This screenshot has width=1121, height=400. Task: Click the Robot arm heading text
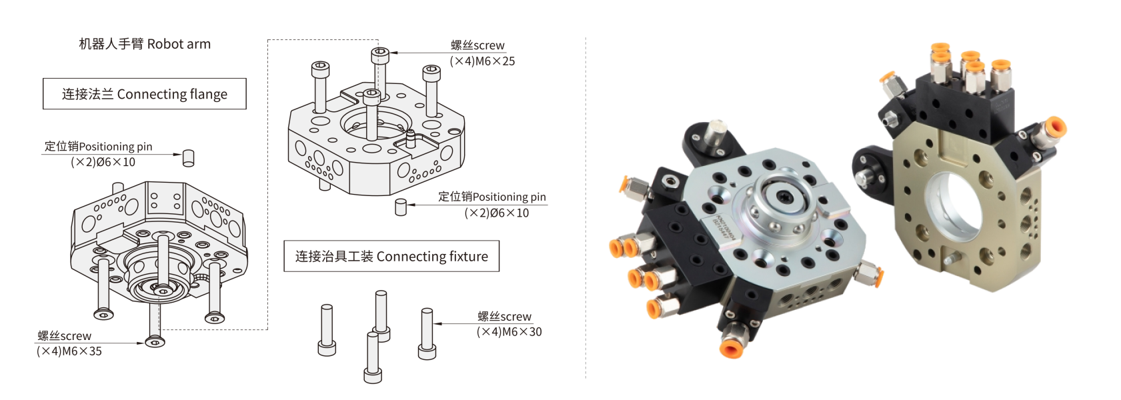click(145, 44)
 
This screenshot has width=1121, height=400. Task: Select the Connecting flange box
click(145, 93)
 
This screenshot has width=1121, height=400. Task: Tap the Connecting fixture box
click(391, 256)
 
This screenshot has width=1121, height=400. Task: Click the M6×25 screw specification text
click(482, 61)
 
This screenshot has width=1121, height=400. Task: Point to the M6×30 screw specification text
click(509, 331)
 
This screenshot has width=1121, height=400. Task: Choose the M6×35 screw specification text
click(69, 351)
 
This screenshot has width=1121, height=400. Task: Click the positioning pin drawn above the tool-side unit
click(188, 158)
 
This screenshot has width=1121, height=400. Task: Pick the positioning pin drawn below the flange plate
click(400, 207)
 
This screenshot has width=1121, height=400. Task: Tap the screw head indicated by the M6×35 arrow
click(155, 342)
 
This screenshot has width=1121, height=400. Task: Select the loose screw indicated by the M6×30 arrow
click(427, 333)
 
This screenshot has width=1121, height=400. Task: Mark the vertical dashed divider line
click(586, 207)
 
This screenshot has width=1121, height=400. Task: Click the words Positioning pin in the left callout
click(115, 147)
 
